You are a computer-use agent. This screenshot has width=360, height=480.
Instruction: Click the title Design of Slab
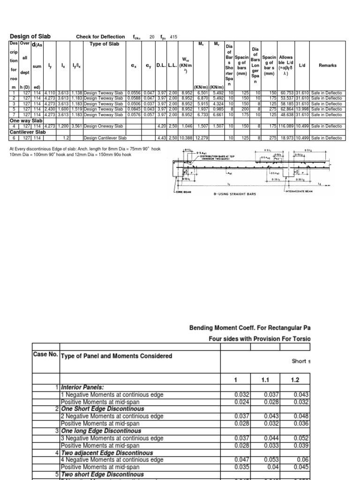point(30,37)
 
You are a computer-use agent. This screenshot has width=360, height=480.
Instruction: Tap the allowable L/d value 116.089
point(286,126)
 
